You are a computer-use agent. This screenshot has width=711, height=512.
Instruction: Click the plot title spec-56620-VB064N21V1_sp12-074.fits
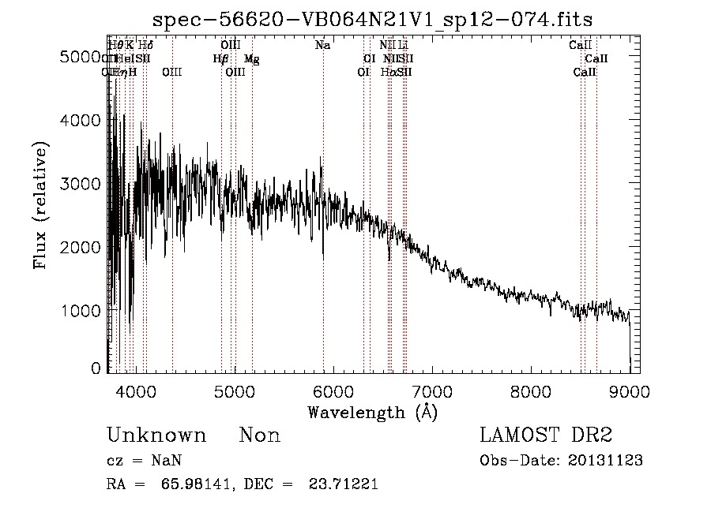372,18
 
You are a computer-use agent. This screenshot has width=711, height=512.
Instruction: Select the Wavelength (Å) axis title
372,412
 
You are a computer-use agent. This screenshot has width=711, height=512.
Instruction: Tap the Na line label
322,46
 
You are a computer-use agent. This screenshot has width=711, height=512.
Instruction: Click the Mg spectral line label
251,58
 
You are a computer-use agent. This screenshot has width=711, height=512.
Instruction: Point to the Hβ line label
220,58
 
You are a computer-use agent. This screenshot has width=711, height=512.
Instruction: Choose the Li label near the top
403,46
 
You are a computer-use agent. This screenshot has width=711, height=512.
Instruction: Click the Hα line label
388,72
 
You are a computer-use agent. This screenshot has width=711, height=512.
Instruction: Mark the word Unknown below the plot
156,435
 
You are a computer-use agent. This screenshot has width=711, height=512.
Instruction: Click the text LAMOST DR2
546,435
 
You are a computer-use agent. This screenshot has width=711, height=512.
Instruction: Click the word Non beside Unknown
260,435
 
